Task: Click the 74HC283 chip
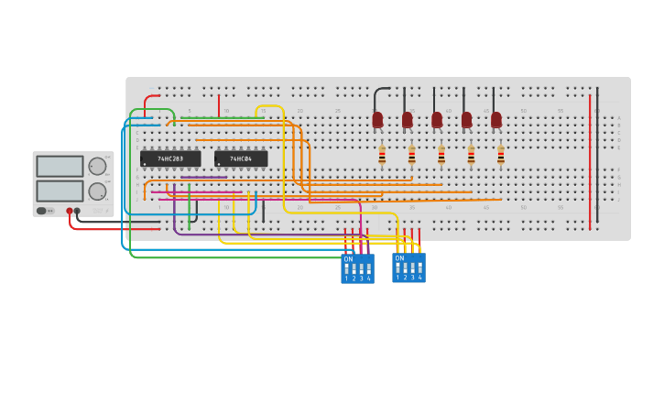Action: [170, 158]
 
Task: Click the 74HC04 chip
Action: [241, 158]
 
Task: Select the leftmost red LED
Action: [377, 119]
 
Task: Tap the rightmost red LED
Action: [496, 119]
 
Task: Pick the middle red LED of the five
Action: [437, 119]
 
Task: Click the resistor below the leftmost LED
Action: [382, 156]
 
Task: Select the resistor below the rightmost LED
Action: [501, 156]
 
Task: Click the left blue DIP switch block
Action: [357, 268]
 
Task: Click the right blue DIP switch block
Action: [408, 268]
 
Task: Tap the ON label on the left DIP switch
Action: [348, 258]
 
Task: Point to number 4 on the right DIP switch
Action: [420, 277]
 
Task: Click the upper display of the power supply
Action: [60, 166]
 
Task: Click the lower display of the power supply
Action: [60, 191]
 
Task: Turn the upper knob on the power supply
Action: [96, 166]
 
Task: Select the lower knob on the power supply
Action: [96, 191]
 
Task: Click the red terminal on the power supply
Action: [69, 211]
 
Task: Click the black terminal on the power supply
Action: [77, 211]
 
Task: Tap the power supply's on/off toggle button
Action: [42, 211]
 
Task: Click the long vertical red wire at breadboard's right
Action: [590, 160]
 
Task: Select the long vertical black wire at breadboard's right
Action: [597, 160]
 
